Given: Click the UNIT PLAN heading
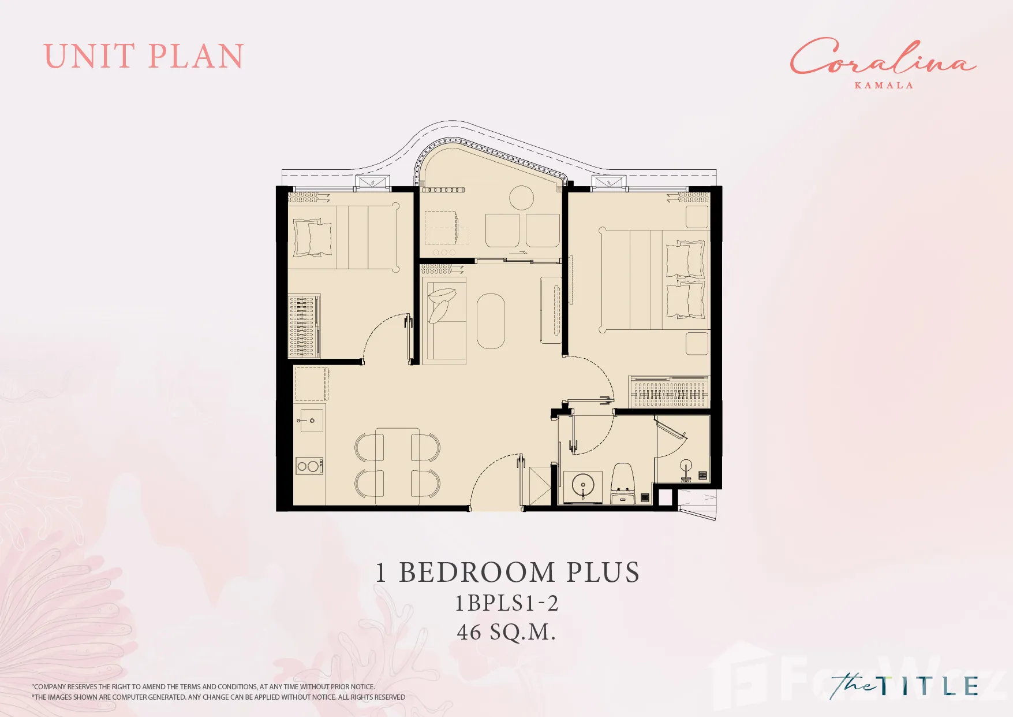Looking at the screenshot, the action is [144, 56].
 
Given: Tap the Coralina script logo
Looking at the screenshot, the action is [883, 57].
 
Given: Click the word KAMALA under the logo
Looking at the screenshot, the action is [884, 86].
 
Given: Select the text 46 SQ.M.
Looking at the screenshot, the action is [506, 632].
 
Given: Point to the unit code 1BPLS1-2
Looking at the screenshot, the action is [507, 603].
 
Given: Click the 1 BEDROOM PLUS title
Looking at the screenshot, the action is [507, 573].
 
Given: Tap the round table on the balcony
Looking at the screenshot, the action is [521, 198].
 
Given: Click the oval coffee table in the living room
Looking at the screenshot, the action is [491, 321].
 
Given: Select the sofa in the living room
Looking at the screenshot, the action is [444, 321].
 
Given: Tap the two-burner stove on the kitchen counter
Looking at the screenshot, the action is [309, 466].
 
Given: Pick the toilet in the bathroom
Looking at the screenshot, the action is [623, 482].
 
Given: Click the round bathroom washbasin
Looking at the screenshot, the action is [583, 484].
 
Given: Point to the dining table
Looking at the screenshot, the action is [398, 467].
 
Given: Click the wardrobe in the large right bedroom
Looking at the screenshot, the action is [669, 391].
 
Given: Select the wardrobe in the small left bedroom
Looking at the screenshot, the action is [304, 326].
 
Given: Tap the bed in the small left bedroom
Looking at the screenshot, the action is [343, 237].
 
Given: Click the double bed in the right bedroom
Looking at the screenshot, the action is [655, 280].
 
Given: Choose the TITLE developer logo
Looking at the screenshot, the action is [904, 686].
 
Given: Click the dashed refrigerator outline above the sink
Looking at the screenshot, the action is [312, 384].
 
